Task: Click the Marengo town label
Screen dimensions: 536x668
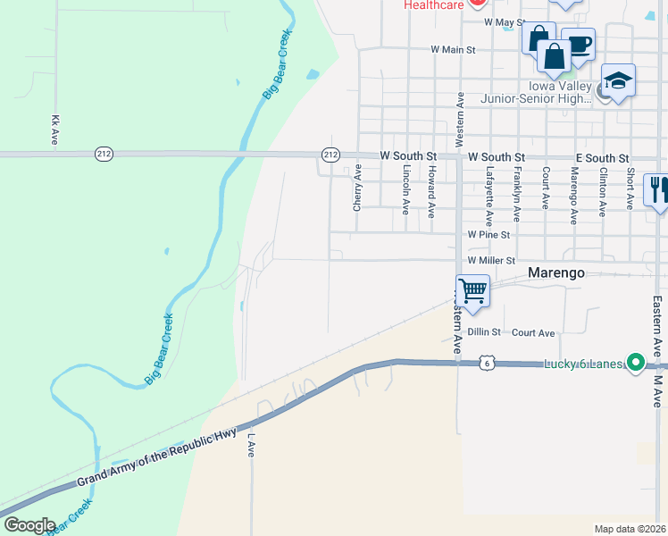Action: [555, 272]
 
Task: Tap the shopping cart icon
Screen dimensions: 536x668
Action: [472, 290]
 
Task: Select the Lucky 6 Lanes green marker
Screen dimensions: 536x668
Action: [635, 363]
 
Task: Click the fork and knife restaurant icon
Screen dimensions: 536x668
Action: [657, 189]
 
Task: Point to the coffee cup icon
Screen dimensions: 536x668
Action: [579, 45]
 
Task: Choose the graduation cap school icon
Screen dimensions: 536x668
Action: [618, 81]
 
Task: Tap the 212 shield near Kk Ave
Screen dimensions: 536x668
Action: [104, 155]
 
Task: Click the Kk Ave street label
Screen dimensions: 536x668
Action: [55, 130]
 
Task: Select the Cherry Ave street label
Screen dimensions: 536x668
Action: [357, 188]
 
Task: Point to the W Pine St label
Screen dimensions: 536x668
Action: [488, 235]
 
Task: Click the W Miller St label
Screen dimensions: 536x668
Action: [492, 261]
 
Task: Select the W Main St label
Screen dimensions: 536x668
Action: [453, 50]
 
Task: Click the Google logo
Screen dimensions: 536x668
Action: [29, 525]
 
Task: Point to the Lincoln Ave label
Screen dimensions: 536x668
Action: [405, 189]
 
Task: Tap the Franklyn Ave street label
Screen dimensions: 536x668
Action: [517, 193]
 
